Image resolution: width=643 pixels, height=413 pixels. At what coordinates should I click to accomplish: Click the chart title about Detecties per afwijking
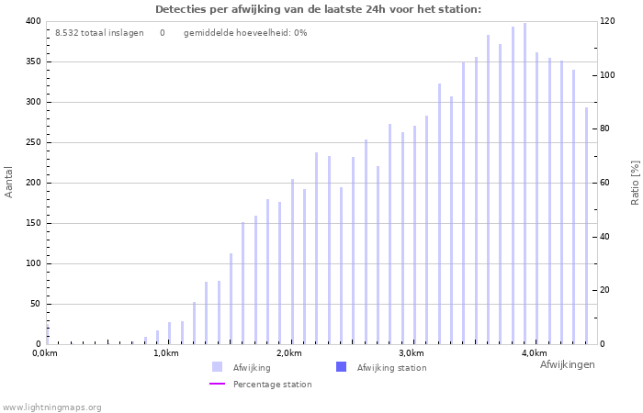point(318,9)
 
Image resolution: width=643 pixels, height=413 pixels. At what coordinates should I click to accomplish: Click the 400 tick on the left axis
point(33,21)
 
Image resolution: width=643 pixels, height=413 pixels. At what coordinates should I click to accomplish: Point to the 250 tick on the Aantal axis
point(33,142)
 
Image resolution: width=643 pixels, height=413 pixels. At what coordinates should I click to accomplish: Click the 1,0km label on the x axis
point(165,353)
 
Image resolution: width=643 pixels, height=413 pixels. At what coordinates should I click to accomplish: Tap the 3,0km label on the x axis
point(412,353)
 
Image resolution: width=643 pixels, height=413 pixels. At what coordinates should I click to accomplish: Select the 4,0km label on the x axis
point(534,353)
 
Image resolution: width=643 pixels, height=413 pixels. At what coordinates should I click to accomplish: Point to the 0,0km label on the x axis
point(45,353)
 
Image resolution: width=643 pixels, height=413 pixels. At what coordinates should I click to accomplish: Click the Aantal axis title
point(9,182)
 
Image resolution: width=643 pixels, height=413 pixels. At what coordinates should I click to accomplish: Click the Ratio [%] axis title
point(635,182)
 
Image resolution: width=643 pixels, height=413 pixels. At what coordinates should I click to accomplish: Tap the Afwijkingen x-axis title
point(567,364)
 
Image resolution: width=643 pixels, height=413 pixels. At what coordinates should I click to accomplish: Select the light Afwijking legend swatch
point(217,367)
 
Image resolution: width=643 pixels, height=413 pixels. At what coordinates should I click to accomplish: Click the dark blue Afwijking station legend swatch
point(341,367)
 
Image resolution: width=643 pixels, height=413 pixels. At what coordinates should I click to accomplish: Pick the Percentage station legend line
point(217,385)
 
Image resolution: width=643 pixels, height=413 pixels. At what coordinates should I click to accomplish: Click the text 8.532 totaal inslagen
point(99,33)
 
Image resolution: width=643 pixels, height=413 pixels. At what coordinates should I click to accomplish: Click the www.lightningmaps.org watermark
point(51,407)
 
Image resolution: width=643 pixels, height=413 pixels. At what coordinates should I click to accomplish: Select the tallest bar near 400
point(525,184)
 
